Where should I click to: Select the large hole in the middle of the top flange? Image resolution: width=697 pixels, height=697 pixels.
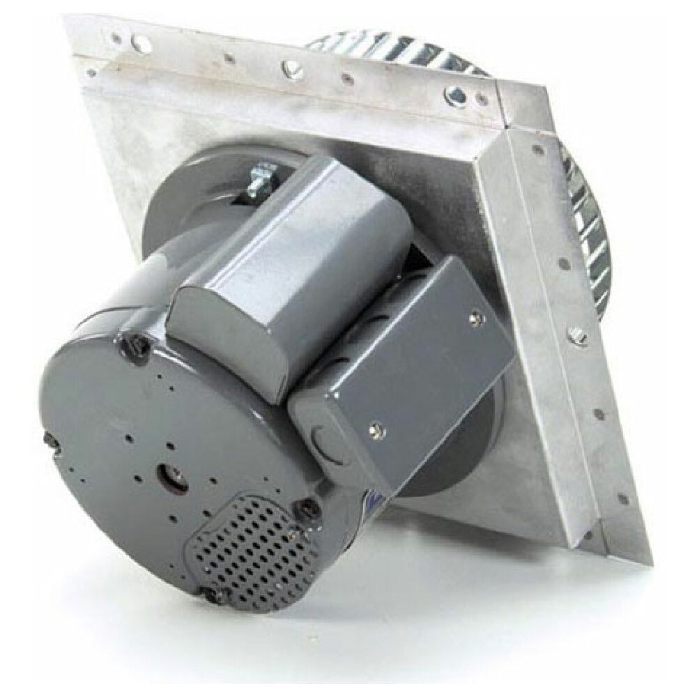pos(288,68)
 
